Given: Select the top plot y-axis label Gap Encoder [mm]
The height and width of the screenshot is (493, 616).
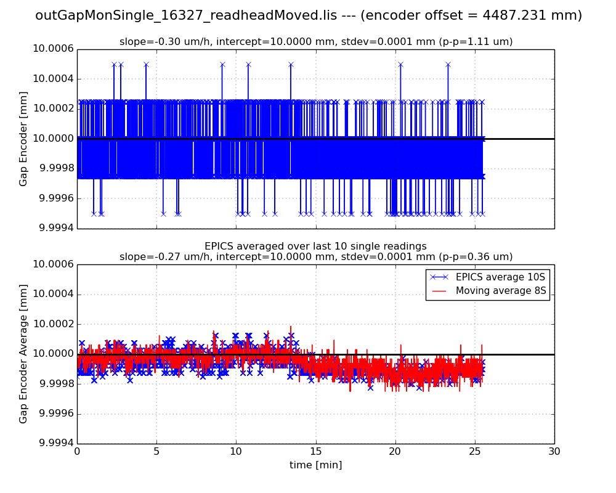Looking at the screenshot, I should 23,139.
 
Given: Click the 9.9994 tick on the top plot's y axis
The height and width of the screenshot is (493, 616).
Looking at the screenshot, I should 54,229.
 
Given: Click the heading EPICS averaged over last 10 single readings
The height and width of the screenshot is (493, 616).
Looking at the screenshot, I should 315,246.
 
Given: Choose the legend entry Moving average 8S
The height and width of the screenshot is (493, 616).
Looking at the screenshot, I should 501,291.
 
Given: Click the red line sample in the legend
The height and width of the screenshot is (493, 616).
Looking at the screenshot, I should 439,291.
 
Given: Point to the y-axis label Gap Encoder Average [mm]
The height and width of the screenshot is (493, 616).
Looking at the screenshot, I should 23,354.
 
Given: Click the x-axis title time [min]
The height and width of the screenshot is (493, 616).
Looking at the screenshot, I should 315,465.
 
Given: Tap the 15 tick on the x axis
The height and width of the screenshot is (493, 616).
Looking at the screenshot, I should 315,450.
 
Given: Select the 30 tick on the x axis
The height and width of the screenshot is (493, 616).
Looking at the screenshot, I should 554,450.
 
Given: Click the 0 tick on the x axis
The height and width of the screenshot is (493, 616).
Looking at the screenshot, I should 77,450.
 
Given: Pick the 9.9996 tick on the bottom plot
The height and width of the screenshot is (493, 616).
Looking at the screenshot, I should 54,414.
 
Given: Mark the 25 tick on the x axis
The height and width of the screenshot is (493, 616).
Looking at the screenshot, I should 475,450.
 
